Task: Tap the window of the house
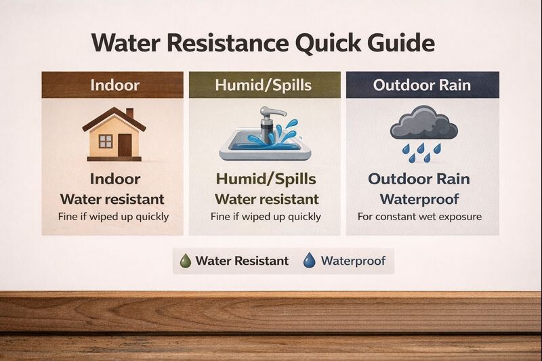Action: point(106,141)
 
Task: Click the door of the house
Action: point(125,144)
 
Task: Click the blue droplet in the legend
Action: point(309,261)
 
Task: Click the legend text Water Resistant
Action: point(242,261)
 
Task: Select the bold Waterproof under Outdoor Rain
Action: point(419,199)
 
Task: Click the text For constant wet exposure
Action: point(419,217)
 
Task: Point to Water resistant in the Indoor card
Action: point(112,199)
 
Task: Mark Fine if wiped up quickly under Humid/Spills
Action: point(266,217)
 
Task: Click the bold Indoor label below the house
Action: point(114,179)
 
